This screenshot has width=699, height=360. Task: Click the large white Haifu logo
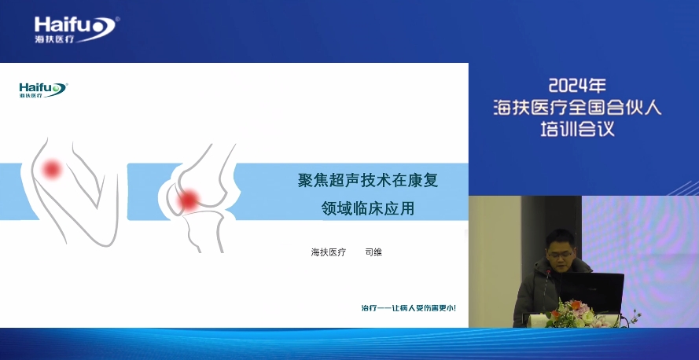coord(76,29)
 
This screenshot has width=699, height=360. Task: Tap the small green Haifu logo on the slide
coord(42,90)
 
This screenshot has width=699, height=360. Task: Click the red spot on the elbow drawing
coord(52,169)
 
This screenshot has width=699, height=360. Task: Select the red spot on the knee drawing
coord(189,200)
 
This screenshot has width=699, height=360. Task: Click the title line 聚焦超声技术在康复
coord(368,180)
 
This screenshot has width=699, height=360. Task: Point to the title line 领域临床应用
coord(368,208)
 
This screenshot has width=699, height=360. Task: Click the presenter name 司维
coord(373,252)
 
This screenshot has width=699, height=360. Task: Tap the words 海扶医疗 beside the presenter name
coord(328,252)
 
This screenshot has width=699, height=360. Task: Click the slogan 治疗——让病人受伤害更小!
coord(408,307)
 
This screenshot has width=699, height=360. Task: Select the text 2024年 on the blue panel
coord(577,85)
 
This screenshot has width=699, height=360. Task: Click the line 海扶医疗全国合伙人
coord(577,108)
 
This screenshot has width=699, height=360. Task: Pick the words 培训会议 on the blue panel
coord(577,129)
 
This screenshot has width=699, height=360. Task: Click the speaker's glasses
coord(560,255)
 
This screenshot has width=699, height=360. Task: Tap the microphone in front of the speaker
coord(547,289)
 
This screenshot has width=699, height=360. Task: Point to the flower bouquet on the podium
coord(575,314)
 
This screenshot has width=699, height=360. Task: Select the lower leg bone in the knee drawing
coord(204,232)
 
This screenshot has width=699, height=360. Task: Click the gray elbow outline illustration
coord(72,192)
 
